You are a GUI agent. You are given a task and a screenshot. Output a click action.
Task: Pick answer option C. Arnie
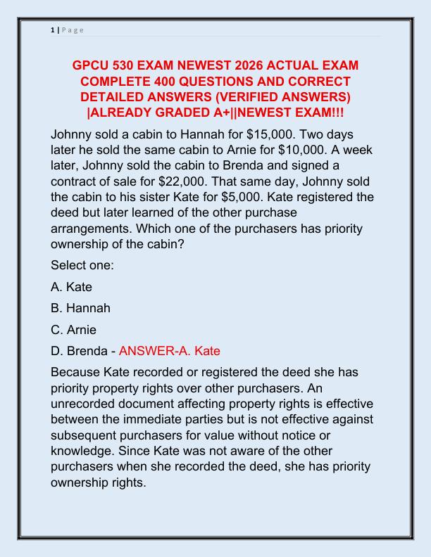(x=74, y=328)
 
